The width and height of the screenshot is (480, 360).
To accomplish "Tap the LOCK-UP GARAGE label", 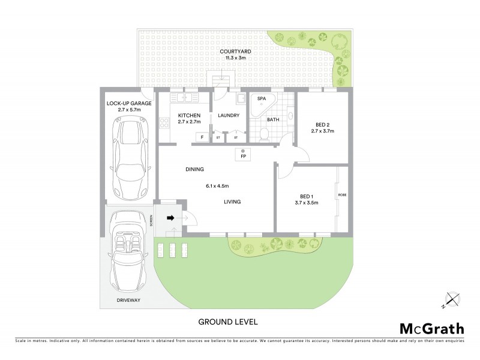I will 129,103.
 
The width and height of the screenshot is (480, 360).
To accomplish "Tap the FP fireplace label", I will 243,157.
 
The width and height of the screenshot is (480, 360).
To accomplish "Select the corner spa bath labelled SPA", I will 263,105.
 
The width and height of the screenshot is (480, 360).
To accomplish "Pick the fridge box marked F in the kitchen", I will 202,137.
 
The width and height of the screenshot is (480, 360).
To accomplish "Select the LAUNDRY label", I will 229,116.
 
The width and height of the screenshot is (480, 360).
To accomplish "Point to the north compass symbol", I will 451,298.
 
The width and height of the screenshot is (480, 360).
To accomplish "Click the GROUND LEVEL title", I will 228,322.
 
